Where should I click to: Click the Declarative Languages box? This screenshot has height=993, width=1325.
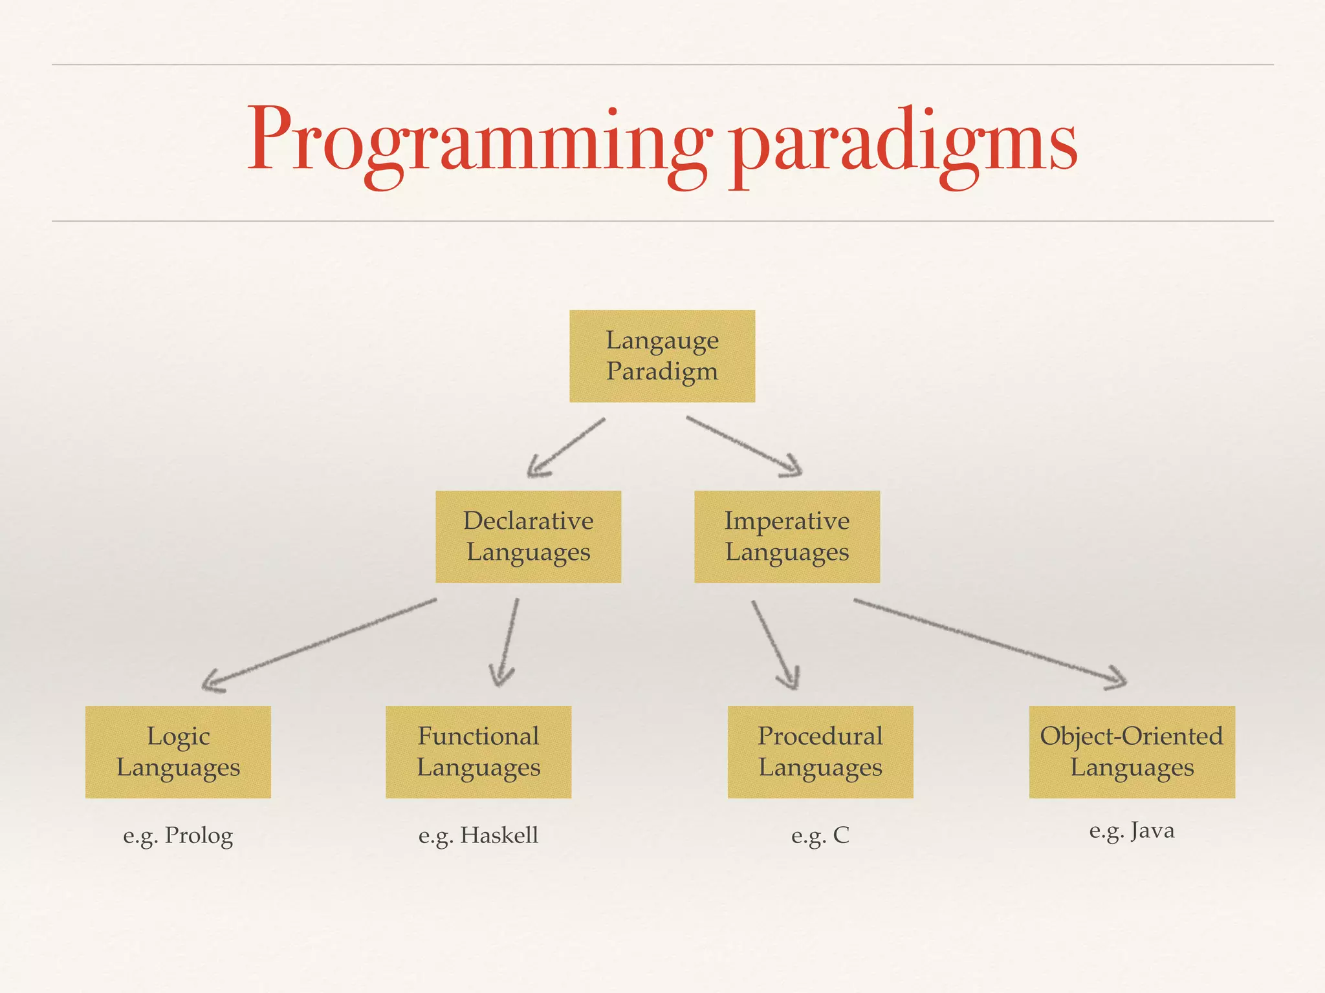pos(528,537)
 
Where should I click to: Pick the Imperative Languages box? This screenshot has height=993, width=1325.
pos(787,537)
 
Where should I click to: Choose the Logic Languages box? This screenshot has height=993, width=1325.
pos(178,752)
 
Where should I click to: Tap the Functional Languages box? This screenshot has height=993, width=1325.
pos(478,752)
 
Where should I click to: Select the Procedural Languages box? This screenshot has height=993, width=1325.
pos(820,752)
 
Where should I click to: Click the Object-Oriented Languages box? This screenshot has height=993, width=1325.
pos(1132,752)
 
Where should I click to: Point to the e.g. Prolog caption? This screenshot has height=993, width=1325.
pos(178,835)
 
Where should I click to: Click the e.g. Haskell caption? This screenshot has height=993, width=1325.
pos(478,835)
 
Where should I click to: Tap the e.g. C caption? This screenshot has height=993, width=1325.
pos(820,835)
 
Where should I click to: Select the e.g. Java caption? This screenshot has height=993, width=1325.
pos(1132,830)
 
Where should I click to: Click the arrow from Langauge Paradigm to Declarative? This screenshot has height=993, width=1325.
pos(567,447)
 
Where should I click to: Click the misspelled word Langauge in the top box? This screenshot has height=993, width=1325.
pos(662,341)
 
